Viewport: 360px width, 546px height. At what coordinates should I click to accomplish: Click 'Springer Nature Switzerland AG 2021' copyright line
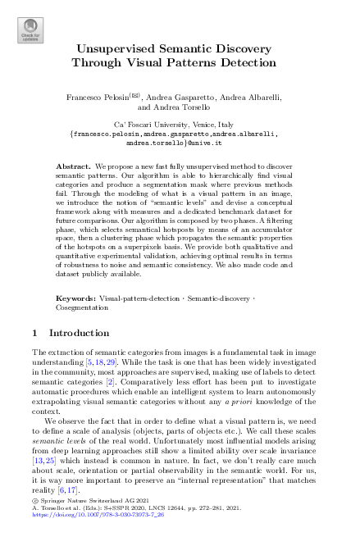tap(90, 501)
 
